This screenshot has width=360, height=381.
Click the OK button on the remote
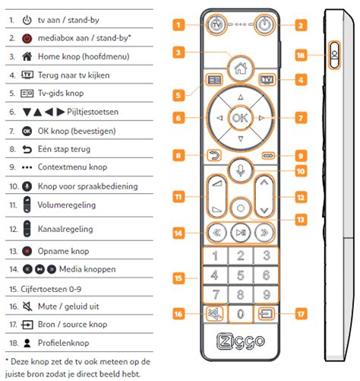[240, 118]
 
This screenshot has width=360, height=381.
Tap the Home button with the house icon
[240, 68]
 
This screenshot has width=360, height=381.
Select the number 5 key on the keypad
[241, 275]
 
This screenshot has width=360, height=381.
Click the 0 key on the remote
[240, 314]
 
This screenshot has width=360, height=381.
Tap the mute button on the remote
[215, 314]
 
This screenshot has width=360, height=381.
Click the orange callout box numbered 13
[301, 220]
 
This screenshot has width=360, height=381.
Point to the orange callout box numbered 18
[301, 56]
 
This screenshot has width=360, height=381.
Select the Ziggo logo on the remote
[241, 341]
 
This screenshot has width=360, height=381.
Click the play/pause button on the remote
[241, 233]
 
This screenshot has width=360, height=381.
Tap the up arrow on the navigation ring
[241, 97]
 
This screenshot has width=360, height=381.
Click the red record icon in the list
[27, 251]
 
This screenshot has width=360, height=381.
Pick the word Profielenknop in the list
[64, 343]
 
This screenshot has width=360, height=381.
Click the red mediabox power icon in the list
[27, 39]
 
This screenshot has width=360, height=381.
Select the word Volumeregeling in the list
[67, 205]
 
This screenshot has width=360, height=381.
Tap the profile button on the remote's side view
[334, 55]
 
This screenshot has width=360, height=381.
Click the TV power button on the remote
[216, 24]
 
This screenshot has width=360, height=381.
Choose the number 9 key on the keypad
[266, 294]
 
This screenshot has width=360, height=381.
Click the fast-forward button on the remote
[264, 233]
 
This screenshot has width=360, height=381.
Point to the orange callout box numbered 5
[178, 95]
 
